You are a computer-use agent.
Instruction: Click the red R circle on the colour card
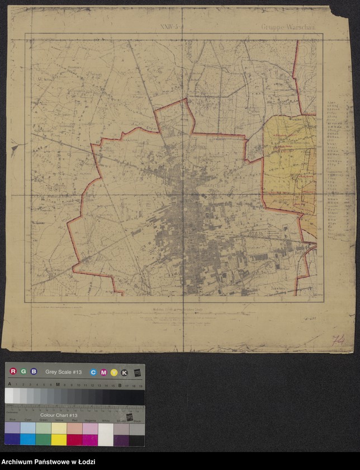(13, 372)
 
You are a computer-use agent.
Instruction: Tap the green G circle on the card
(23, 372)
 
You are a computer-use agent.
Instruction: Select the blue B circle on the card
(34, 372)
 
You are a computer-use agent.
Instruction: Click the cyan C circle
(93, 372)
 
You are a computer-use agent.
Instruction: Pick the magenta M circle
(103, 372)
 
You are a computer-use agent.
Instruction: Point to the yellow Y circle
(113, 372)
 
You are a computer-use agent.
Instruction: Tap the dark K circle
(124, 372)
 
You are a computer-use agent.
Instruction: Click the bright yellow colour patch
(59, 439)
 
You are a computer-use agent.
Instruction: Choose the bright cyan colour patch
(27, 439)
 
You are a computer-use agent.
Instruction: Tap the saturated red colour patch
(74, 439)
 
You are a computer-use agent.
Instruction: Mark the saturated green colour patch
(43, 439)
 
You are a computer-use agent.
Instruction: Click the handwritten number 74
(338, 340)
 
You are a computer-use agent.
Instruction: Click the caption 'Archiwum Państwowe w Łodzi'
(48, 460)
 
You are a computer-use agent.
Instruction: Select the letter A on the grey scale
(9, 385)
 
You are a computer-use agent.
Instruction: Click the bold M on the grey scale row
(58, 385)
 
